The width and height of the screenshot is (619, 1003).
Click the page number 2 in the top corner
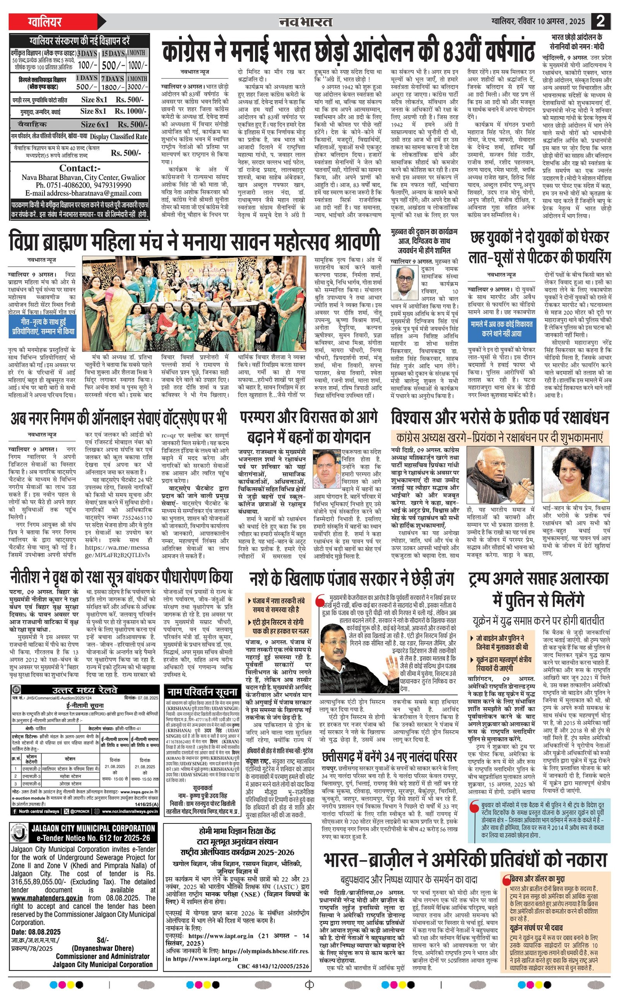click(x=600, y=21)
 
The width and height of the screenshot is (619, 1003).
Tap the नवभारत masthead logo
click(x=305, y=22)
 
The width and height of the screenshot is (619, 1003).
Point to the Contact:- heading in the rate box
click(x=80, y=168)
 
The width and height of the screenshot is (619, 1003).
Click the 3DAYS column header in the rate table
click(x=87, y=54)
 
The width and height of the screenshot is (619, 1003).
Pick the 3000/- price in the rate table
click(x=137, y=87)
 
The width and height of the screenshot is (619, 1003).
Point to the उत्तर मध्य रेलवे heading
click(x=85, y=691)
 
